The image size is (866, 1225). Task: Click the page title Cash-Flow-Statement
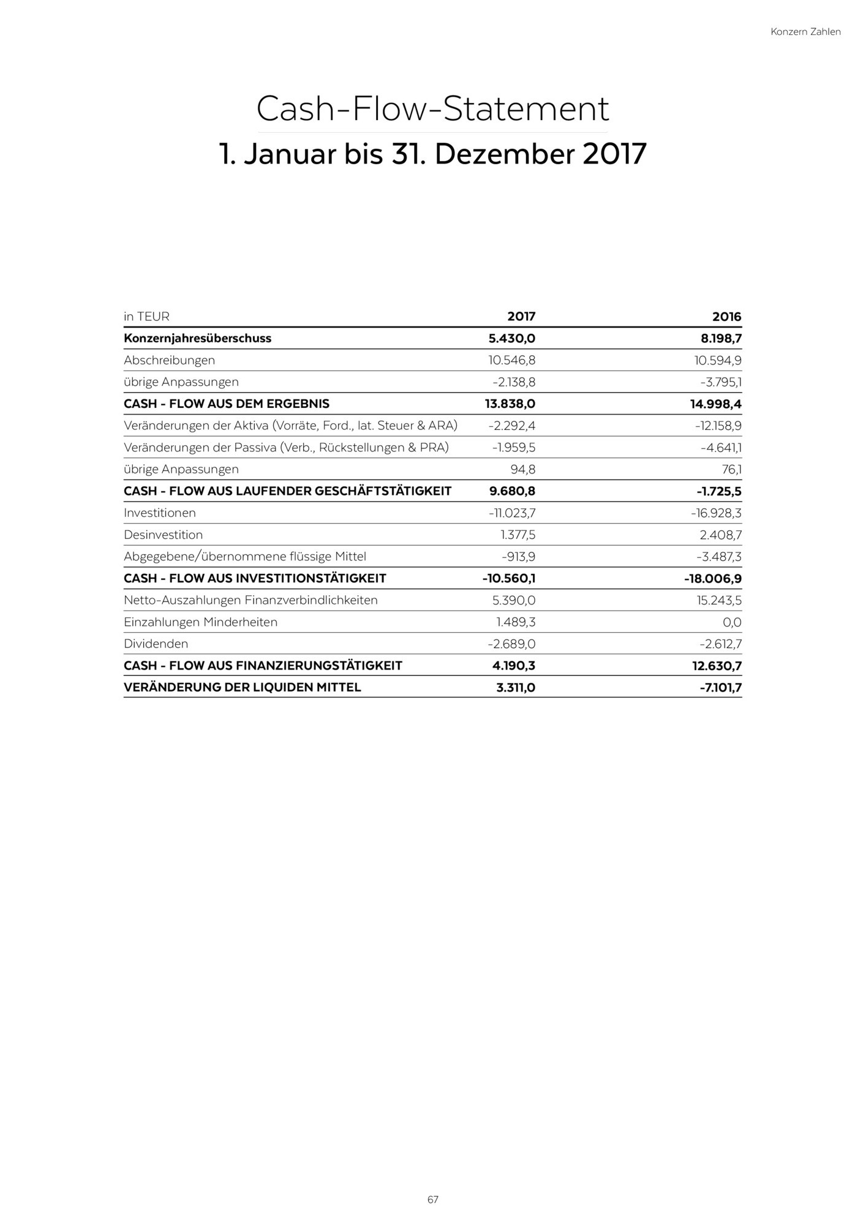pyautogui.click(x=432, y=109)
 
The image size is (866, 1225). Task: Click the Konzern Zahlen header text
pyautogui.click(x=805, y=32)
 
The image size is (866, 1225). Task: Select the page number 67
pyautogui.click(x=433, y=1199)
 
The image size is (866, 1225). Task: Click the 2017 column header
pyautogui.click(x=521, y=317)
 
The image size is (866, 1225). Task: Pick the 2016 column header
pyautogui.click(x=726, y=317)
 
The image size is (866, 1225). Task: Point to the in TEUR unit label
pyautogui.click(x=146, y=317)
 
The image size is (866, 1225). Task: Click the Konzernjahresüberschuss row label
pyautogui.click(x=197, y=338)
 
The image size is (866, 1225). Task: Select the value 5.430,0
pyautogui.click(x=508, y=338)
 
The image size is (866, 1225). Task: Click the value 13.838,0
pyautogui.click(x=506, y=404)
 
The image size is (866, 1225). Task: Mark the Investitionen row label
pyautogui.click(x=160, y=513)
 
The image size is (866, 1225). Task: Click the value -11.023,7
pyautogui.click(x=512, y=513)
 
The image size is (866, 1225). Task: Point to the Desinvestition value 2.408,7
pyautogui.click(x=720, y=535)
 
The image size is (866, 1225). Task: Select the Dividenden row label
pyautogui.click(x=156, y=644)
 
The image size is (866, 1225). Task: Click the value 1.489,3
pyautogui.click(x=516, y=622)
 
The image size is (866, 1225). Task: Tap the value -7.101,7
pyautogui.click(x=720, y=687)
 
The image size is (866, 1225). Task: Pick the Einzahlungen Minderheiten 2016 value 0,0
pyautogui.click(x=731, y=622)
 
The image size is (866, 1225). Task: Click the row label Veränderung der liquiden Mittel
pyautogui.click(x=242, y=687)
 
